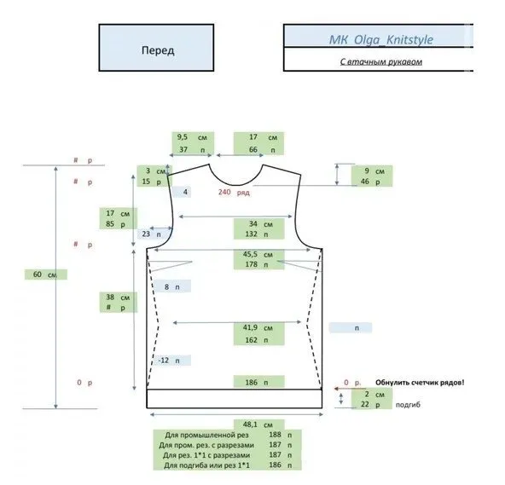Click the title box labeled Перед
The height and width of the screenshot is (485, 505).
click(156, 48)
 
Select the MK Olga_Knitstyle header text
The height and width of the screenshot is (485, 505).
click(381, 39)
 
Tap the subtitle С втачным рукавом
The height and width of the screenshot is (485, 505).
click(381, 61)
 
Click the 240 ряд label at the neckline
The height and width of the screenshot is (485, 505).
click(234, 192)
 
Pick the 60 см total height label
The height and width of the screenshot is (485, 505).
click(44, 274)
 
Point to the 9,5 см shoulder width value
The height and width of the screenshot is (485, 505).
click(192, 137)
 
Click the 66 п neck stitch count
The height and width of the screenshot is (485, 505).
click(263, 150)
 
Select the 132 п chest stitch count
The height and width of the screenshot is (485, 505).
click(257, 234)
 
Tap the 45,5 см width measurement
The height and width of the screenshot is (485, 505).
click(258, 254)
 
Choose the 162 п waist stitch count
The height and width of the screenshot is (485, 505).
click(257, 340)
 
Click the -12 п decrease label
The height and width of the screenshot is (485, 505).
click(169, 361)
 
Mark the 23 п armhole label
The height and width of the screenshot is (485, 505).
click(151, 234)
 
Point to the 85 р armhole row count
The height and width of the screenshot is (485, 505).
click(116, 223)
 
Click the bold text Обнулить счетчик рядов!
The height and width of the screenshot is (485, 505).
click(420, 383)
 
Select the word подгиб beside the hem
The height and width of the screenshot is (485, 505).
click(408, 405)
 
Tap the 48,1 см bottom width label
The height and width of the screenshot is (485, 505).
click(258, 424)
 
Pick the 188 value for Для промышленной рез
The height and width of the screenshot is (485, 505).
click(275, 435)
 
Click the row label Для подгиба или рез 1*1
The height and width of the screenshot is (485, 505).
click(206, 465)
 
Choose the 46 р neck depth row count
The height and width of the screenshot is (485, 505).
click(370, 182)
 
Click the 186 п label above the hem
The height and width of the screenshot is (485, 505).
click(257, 383)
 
